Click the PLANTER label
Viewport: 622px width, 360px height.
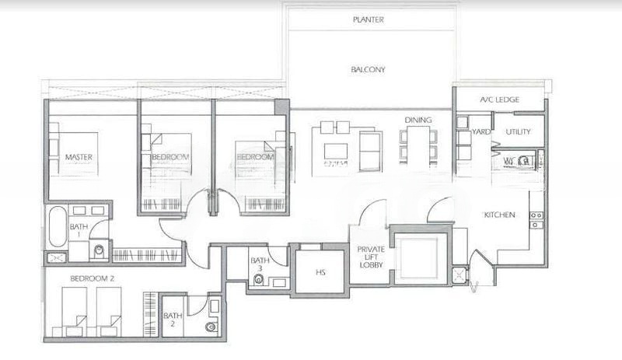pyautogui.click(x=368, y=19)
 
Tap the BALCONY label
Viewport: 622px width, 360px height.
pyautogui.click(x=368, y=69)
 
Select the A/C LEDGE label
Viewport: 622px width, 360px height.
pyautogui.click(x=500, y=100)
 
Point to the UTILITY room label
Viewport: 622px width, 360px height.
pyautogui.click(x=519, y=132)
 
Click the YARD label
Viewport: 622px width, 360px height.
pyautogui.click(x=481, y=132)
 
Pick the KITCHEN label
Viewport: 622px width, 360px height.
pyautogui.click(x=498, y=215)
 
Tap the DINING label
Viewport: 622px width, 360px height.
pyautogui.click(x=418, y=120)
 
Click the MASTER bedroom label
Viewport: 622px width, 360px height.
pyautogui.click(x=79, y=157)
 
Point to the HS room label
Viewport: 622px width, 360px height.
pyautogui.click(x=320, y=273)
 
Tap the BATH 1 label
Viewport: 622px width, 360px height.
pyautogui.click(x=79, y=232)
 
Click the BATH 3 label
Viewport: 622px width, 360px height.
pyautogui.click(x=260, y=265)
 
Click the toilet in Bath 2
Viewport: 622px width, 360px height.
pyautogui.click(x=210, y=327)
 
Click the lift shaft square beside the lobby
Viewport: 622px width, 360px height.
pyautogui.click(x=419, y=257)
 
